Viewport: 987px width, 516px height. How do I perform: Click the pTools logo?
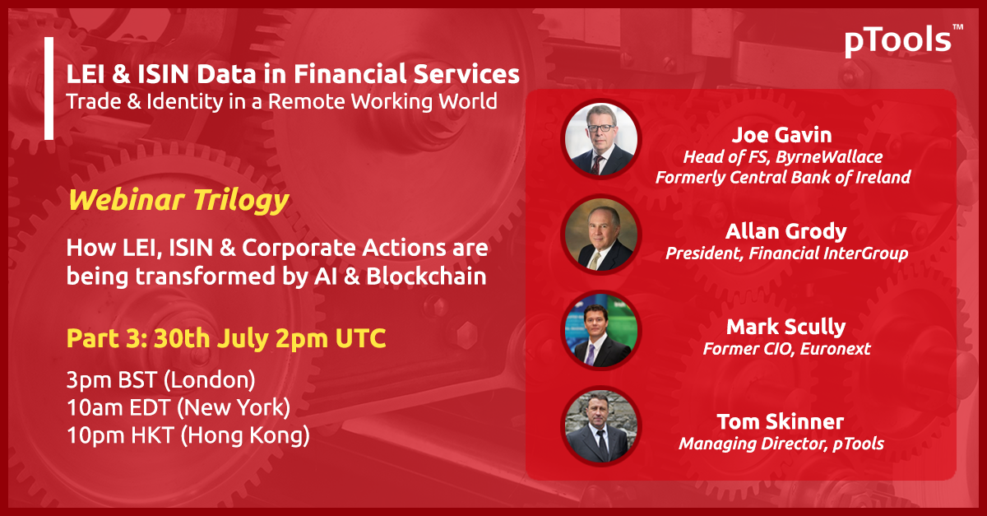903,40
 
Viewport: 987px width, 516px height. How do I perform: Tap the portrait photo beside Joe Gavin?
601,139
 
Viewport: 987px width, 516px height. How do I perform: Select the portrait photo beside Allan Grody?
601,235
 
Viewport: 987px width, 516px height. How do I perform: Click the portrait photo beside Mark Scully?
601,330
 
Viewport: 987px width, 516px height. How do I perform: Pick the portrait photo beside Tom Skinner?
601,426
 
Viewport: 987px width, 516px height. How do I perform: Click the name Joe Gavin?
781,135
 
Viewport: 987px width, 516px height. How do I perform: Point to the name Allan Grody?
786,231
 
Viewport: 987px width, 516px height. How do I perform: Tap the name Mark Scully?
786,328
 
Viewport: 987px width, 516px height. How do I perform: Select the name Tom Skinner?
781,422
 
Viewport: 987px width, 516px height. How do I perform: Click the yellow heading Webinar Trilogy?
178,200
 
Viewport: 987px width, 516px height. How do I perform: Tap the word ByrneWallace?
829,157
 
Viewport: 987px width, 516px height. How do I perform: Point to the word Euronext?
835,349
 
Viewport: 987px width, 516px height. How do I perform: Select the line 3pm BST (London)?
161,380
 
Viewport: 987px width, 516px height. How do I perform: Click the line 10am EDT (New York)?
178,407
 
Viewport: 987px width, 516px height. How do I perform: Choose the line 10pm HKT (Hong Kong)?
188,435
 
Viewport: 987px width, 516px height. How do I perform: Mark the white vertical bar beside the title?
49,88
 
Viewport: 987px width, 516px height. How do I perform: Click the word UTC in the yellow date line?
360,339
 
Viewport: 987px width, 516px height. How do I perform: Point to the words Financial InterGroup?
828,253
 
